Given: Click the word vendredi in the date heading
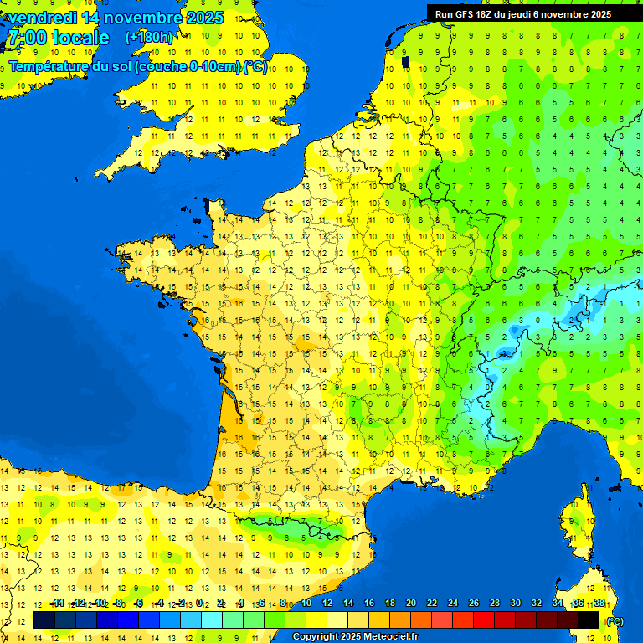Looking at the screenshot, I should (x=42, y=18).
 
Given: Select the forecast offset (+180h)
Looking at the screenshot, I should (x=149, y=38).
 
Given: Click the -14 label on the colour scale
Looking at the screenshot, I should (x=58, y=604).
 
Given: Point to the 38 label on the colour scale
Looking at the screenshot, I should (x=599, y=604).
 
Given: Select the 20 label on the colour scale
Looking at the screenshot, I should (x=411, y=604).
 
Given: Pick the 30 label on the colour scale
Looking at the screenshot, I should (x=516, y=604).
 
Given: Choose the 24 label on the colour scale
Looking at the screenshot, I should (x=453, y=604).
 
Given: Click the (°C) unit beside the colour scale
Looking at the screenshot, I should (x=615, y=620).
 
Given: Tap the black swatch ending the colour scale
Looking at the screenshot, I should (x=589, y=620).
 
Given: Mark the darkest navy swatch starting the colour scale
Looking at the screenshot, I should (x=44, y=620).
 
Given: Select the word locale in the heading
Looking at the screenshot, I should (x=80, y=38).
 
